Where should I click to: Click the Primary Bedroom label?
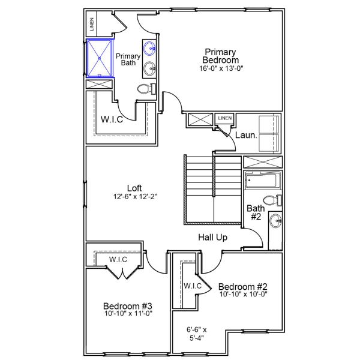click(x=220, y=56)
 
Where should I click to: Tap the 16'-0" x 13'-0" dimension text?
click(x=220, y=68)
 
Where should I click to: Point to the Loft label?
click(x=135, y=187)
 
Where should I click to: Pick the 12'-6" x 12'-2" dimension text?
click(x=135, y=196)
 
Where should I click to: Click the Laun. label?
click(x=246, y=135)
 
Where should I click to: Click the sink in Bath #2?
click(x=275, y=221)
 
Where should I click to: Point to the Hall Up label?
click(x=213, y=238)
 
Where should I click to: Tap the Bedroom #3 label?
click(x=127, y=304)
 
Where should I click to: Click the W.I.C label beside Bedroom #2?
click(x=193, y=286)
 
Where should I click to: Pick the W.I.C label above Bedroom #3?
click(x=118, y=259)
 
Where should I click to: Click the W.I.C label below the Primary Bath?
click(x=112, y=118)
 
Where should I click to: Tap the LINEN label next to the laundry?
click(x=225, y=118)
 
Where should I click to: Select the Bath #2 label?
click(x=255, y=212)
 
